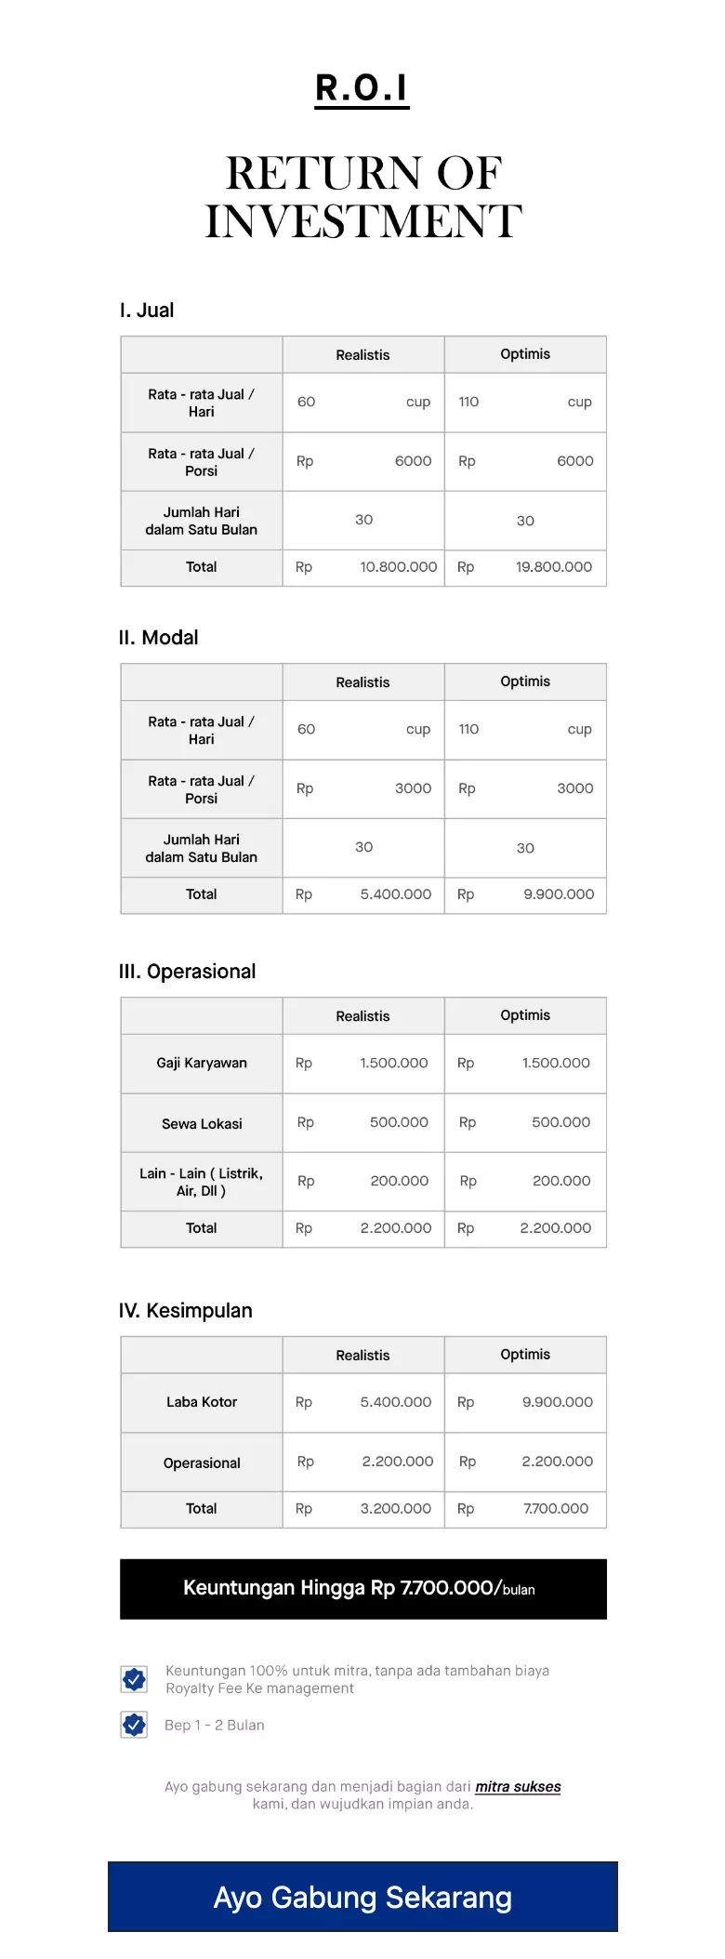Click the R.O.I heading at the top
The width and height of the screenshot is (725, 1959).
click(x=362, y=88)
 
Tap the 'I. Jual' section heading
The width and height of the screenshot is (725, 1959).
click(x=147, y=311)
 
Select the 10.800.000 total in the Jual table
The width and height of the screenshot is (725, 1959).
click(x=398, y=567)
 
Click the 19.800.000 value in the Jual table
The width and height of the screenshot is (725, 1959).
click(x=553, y=567)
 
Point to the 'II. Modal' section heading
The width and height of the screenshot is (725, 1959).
click(x=158, y=638)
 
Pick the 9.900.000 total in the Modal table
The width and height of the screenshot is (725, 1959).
click(x=558, y=894)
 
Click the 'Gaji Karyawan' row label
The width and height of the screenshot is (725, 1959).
click(x=202, y=1063)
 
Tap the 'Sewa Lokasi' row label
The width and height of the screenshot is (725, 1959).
click(x=202, y=1124)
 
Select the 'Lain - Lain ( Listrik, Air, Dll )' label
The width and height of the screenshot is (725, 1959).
click(x=202, y=1182)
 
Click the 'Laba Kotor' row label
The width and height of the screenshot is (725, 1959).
click(x=202, y=1402)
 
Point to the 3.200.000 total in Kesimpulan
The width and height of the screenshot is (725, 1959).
click(x=395, y=1509)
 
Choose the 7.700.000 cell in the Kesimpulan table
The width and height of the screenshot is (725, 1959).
click(x=555, y=1509)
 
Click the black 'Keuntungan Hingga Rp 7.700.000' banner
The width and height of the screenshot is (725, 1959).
click(x=362, y=1589)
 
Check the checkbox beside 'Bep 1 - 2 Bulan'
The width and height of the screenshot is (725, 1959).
click(x=135, y=1725)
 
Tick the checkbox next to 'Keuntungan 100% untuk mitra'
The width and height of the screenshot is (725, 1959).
click(x=135, y=1678)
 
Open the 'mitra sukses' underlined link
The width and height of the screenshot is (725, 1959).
click(x=518, y=1787)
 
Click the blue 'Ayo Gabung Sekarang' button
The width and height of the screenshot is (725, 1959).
click(x=362, y=1897)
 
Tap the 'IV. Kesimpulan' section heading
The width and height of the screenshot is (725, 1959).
click(x=185, y=1311)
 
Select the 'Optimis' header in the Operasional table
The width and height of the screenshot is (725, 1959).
click(x=525, y=1015)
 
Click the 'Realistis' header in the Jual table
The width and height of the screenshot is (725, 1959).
click(x=362, y=355)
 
